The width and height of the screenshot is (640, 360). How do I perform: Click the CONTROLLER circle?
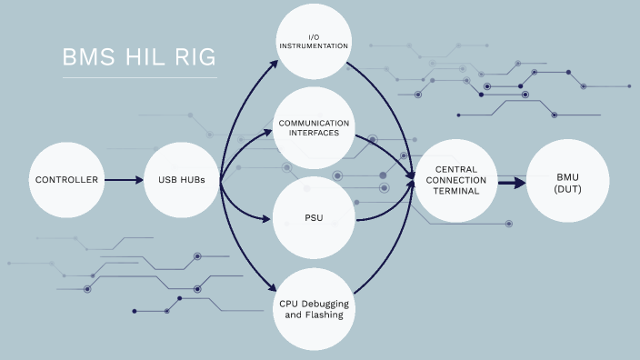coord(66,180)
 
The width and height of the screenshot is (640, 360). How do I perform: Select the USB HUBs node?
coord(181,180)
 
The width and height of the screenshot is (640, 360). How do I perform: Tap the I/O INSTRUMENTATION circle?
coord(313,41)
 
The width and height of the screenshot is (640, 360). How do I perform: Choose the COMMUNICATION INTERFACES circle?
coord(313,127)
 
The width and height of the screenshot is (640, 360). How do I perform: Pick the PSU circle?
coord(313,218)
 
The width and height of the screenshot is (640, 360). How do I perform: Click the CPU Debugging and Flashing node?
coord(313,309)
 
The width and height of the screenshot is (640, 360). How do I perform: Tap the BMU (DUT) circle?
coord(566,180)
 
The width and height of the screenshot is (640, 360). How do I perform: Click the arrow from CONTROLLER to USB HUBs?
coord(124,180)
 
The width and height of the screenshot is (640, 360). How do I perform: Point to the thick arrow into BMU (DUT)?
coord(512,181)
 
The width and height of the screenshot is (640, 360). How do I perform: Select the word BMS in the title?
coord(87,58)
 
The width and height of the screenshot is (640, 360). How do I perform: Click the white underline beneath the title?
coord(140,78)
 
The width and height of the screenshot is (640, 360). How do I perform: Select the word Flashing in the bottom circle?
coord(325,315)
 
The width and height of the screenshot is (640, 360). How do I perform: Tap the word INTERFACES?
coord(313,134)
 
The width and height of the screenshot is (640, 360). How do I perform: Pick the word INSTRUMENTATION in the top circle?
coord(313,45)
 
